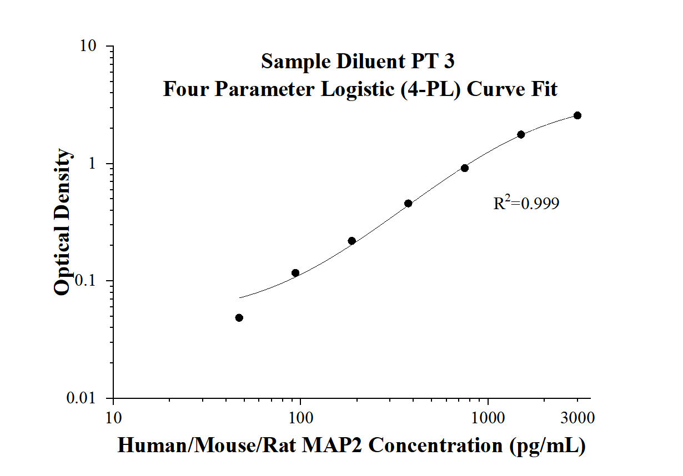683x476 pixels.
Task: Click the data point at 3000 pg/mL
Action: (x=577, y=115)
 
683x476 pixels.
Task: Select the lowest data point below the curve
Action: (x=239, y=318)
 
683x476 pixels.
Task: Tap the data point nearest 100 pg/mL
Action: (x=295, y=273)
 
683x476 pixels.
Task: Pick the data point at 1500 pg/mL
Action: (x=521, y=135)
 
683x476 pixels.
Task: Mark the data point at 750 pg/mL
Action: (x=465, y=168)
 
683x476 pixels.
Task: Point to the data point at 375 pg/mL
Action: (x=408, y=204)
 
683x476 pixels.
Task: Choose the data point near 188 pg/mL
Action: (x=352, y=241)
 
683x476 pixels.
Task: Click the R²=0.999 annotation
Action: (x=526, y=204)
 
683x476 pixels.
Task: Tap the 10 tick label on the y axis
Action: (x=89, y=46)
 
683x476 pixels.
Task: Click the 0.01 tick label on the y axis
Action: (x=83, y=398)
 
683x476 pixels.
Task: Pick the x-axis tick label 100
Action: (x=300, y=417)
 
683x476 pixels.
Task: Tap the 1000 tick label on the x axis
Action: (x=488, y=417)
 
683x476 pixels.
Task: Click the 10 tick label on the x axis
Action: (x=113, y=417)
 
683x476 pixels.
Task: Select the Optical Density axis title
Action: (x=62, y=222)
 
